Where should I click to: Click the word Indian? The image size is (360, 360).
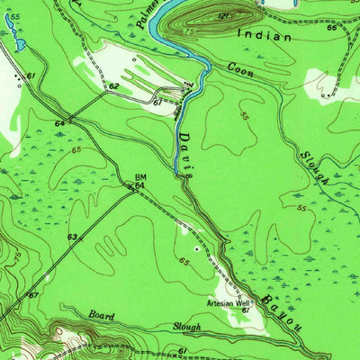point(265,37)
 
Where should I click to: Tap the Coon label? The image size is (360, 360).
point(240,68)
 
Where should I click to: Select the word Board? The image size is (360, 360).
point(103,315)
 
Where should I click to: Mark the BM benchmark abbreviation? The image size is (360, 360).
point(140,177)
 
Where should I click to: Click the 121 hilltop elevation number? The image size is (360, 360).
point(225,15)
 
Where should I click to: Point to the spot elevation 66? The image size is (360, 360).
point(331,28)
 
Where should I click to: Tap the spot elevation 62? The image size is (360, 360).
point(114,86)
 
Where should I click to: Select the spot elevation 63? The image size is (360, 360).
point(71,238)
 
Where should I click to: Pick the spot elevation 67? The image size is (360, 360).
point(33,295)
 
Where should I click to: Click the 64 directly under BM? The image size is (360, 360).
point(140,186)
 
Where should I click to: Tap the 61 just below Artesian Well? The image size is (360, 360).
point(244,310)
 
